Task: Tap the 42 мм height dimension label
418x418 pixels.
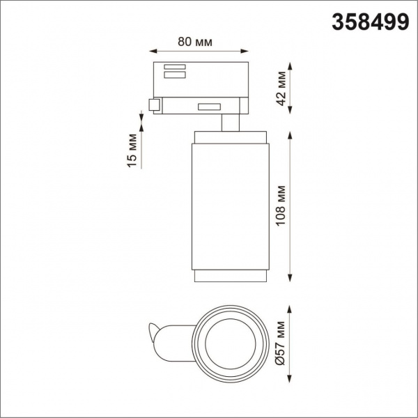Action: pyautogui.click(x=281, y=89)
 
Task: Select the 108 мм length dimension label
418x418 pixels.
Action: pyautogui.click(x=281, y=203)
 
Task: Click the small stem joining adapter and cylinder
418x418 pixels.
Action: pyautogui.click(x=231, y=123)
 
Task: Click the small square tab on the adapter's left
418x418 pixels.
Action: pyautogui.click(x=154, y=104)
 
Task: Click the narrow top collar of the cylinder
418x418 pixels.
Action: pyautogui.click(x=229, y=134)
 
